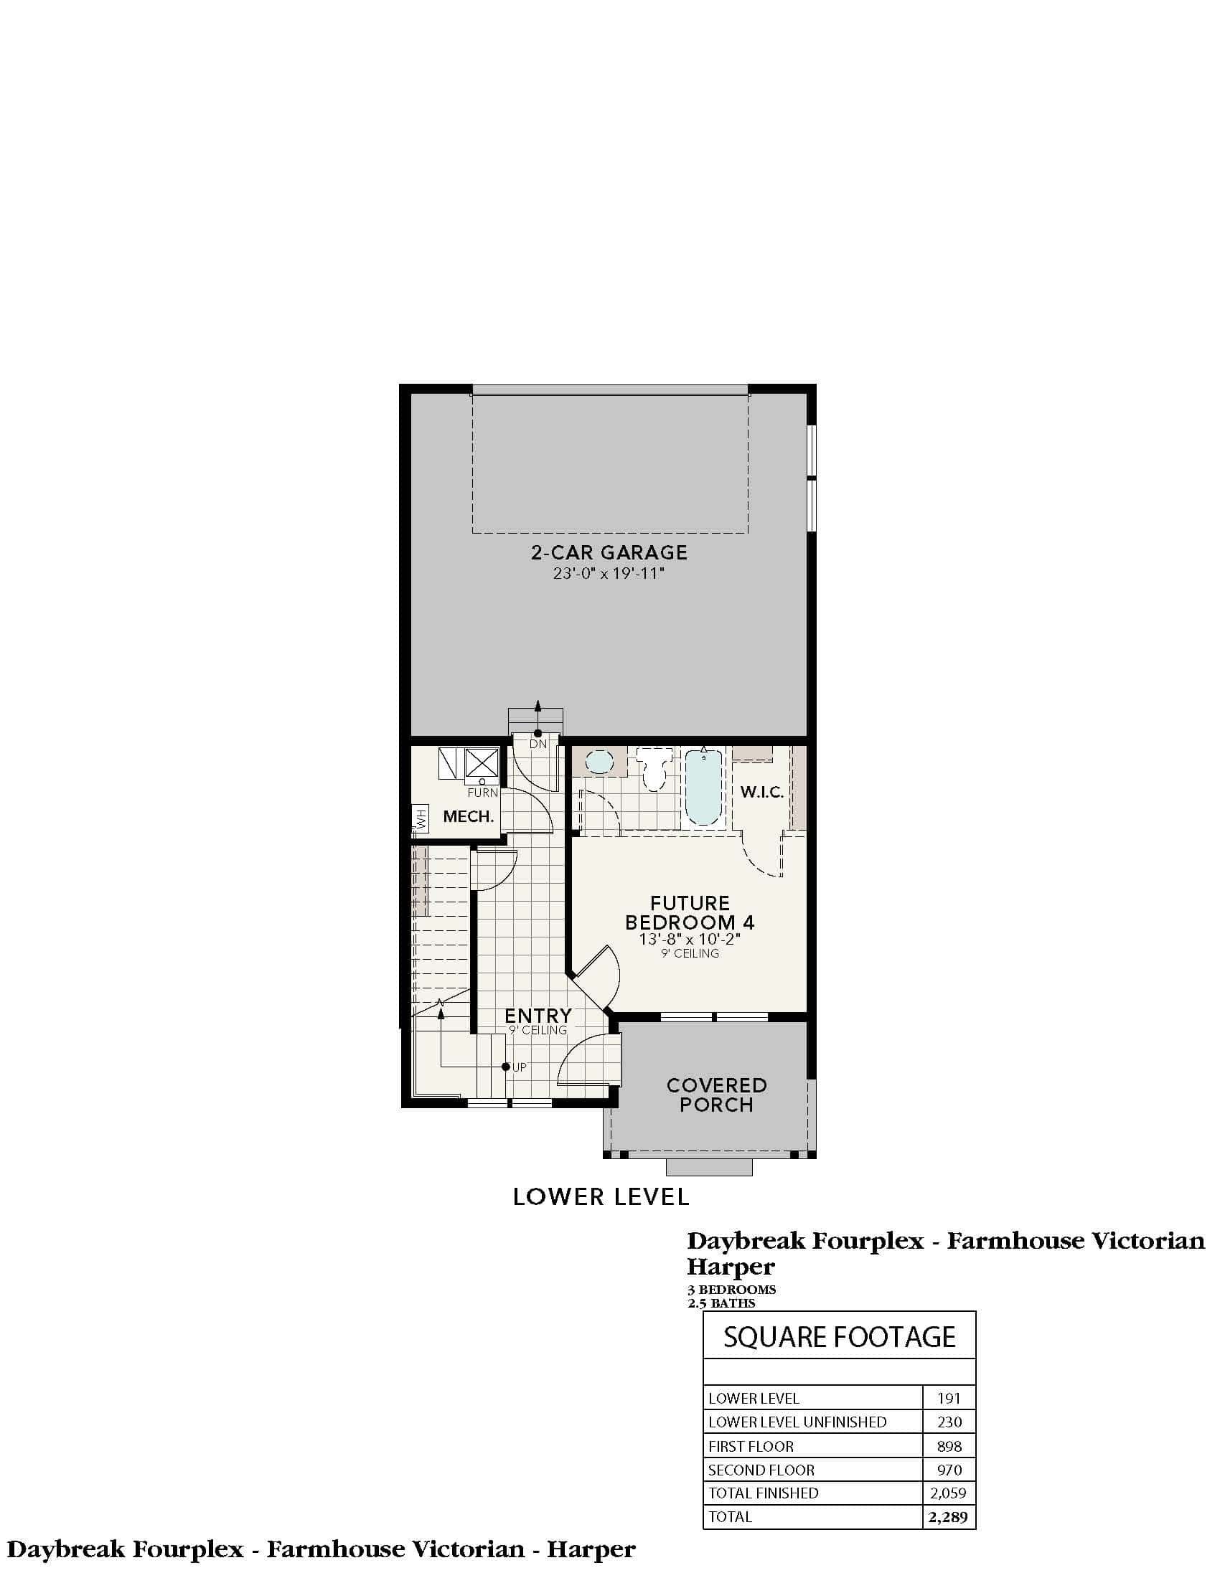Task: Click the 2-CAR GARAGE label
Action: point(609,553)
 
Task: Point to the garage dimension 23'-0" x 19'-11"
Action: point(609,575)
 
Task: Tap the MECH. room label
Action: point(469,816)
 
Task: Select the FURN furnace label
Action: point(483,793)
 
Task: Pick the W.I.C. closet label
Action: point(761,793)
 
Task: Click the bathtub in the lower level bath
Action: point(703,788)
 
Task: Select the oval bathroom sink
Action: point(599,762)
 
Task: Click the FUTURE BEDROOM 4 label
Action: point(690,912)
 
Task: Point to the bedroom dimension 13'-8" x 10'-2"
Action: point(690,940)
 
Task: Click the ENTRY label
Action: point(538,1016)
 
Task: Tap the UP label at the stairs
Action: point(519,1067)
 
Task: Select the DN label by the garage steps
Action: point(538,744)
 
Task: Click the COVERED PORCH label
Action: point(716,1095)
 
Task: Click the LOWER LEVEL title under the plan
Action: point(601,1196)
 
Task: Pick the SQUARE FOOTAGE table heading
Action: point(840,1338)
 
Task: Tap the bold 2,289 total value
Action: point(948,1516)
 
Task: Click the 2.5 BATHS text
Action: point(721,1303)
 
